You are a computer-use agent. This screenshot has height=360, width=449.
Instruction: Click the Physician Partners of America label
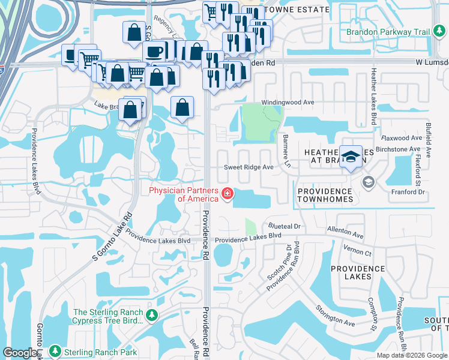182,195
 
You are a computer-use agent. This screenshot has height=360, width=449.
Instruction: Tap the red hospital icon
228,193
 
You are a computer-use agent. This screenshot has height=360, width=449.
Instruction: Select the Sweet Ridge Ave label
249,167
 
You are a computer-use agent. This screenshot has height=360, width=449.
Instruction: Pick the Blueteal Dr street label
284,227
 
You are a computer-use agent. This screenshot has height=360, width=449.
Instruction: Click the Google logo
20,353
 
